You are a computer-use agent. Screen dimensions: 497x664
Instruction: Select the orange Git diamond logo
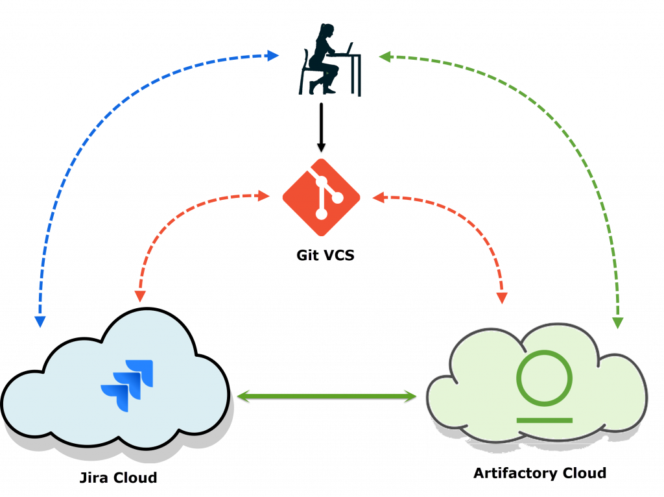point(321,197)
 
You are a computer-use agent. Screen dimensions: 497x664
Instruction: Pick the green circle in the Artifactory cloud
point(544,378)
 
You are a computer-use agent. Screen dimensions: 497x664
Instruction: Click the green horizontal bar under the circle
point(544,420)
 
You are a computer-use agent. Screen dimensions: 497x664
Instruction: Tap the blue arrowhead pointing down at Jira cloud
point(40,321)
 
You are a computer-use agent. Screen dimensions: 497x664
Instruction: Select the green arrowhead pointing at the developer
point(385,56)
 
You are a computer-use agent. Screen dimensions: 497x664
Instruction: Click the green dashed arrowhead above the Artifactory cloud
point(617,322)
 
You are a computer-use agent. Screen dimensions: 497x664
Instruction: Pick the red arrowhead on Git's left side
point(264,195)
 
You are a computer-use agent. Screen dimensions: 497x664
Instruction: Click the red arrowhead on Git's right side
point(377,196)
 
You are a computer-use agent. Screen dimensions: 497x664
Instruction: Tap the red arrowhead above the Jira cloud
point(139,296)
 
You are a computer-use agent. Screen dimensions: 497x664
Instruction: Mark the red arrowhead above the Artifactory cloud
point(502,298)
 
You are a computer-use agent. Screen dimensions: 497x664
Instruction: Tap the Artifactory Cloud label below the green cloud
point(538,473)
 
